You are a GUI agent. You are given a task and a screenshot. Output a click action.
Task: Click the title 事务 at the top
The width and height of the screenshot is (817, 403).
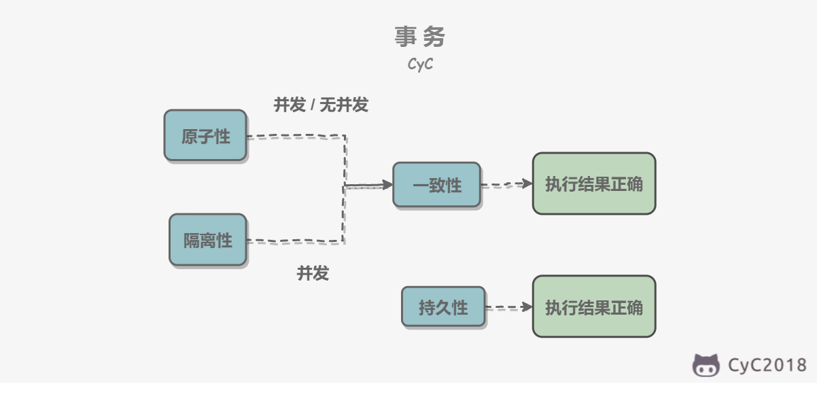coord(420,37)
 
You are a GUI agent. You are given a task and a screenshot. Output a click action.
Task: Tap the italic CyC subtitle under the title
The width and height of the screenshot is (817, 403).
coord(420,64)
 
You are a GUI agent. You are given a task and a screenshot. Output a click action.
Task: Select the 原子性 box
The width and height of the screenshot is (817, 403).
coord(205,135)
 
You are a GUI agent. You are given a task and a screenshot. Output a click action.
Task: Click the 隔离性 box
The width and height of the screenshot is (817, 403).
coord(208,240)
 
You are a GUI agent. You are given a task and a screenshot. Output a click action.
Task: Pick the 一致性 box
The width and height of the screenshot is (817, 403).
coord(436,185)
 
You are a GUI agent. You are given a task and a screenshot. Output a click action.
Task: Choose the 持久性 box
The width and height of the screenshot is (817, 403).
coord(443,306)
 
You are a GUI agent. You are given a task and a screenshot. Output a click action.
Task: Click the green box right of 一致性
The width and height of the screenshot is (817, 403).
coord(594,183)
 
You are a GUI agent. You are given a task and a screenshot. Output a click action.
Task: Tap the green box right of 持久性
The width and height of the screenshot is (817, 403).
coord(594,306)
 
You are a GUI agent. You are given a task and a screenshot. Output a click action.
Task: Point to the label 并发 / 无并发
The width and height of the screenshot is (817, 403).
coord(321,105)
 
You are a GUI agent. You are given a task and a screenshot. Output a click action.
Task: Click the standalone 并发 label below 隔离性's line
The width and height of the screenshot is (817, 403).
coord(313,273)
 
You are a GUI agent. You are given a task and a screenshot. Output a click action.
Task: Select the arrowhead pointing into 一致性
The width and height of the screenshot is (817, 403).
coord(387,185)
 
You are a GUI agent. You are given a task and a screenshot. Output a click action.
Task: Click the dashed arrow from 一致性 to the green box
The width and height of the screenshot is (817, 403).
coord(506,184)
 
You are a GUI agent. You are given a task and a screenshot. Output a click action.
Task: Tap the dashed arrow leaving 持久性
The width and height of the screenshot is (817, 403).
coord(509,307)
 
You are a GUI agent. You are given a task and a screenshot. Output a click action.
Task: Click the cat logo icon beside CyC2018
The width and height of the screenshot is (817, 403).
coord(706,366)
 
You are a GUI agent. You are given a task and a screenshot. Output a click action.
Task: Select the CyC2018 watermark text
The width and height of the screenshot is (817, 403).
coord(767,365)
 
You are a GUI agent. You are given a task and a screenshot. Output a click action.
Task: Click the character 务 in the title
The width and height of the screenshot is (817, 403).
coord(434,37)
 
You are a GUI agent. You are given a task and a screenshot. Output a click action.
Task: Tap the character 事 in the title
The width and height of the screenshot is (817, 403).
coord(406,37)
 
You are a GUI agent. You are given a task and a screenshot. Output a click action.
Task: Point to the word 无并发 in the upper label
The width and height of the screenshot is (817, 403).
coord(344,105)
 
